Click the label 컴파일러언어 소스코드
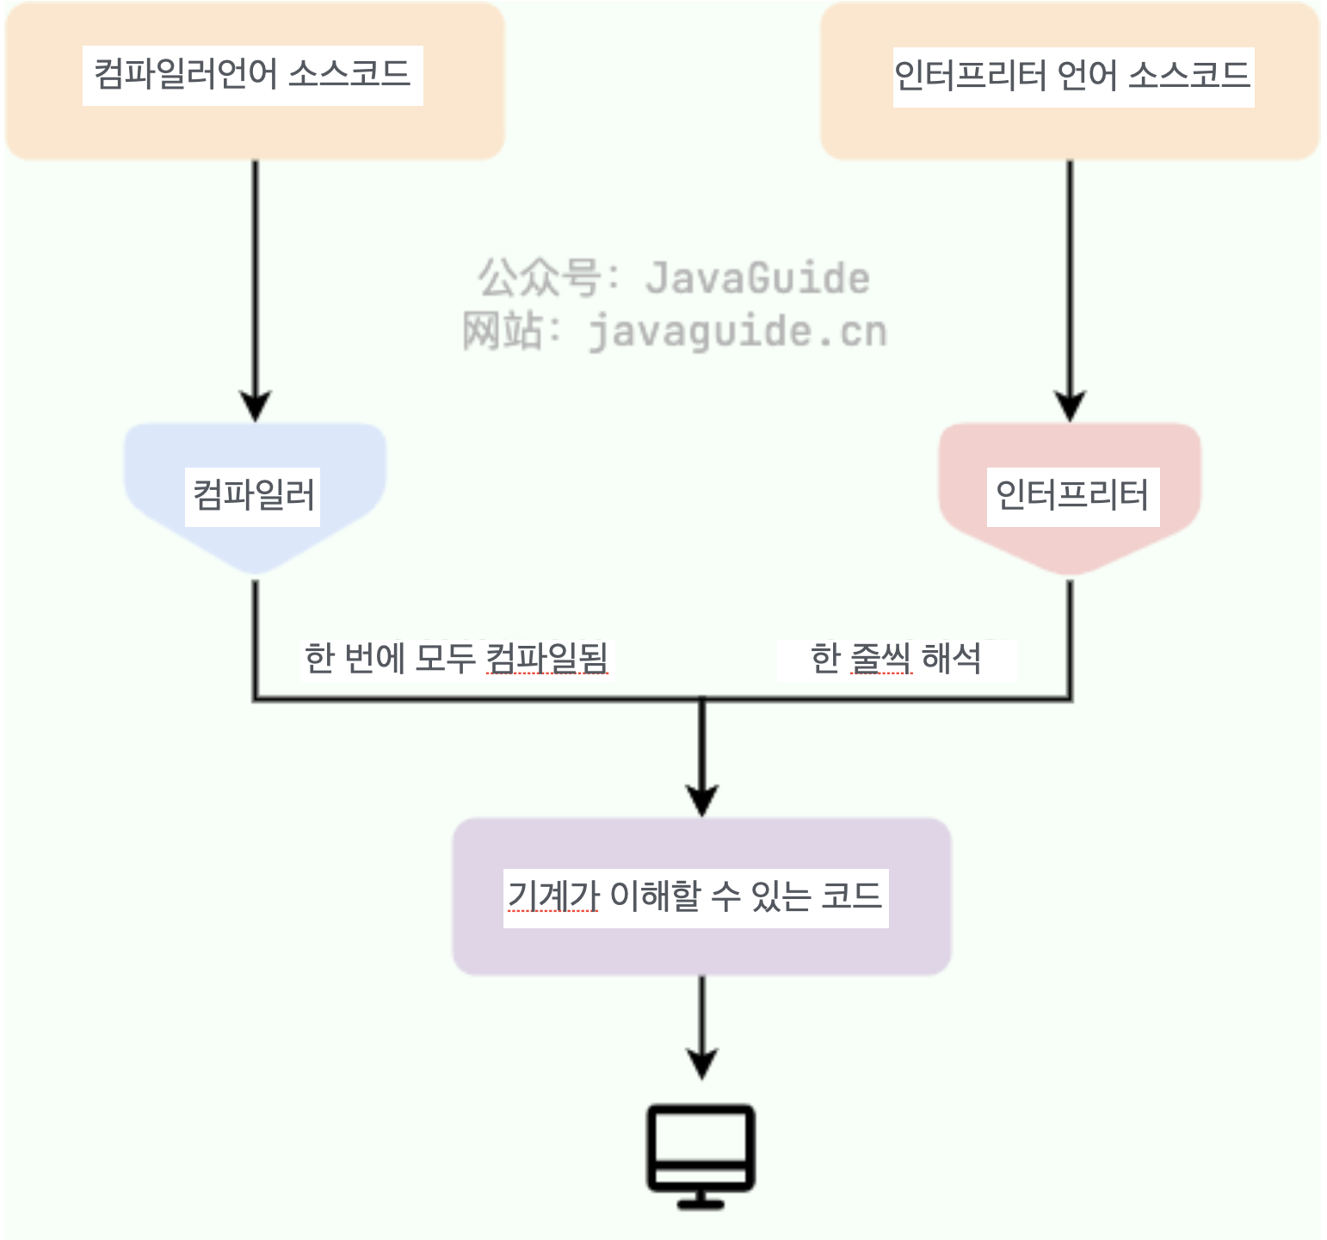point(252,75)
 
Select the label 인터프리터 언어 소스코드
point(1072,77)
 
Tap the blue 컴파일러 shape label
point(253,496)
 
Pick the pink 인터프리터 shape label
point(1072,496)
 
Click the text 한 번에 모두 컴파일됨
point(456,659)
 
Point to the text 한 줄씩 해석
point(896,659)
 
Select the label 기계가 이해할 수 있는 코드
point(695,897)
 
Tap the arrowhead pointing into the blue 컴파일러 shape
point(255,405)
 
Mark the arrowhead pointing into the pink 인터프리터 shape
point(1070,405)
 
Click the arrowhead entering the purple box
point(702,800)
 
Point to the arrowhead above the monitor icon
point(702,1063)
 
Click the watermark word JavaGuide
point(757,278)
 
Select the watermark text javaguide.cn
point(738,332)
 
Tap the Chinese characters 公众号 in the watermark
point(540,278)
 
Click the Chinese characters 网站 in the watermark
point(503,332)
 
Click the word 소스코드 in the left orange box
point(349,75)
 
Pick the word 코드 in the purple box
point(851,897)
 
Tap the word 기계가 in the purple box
point(553,897)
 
